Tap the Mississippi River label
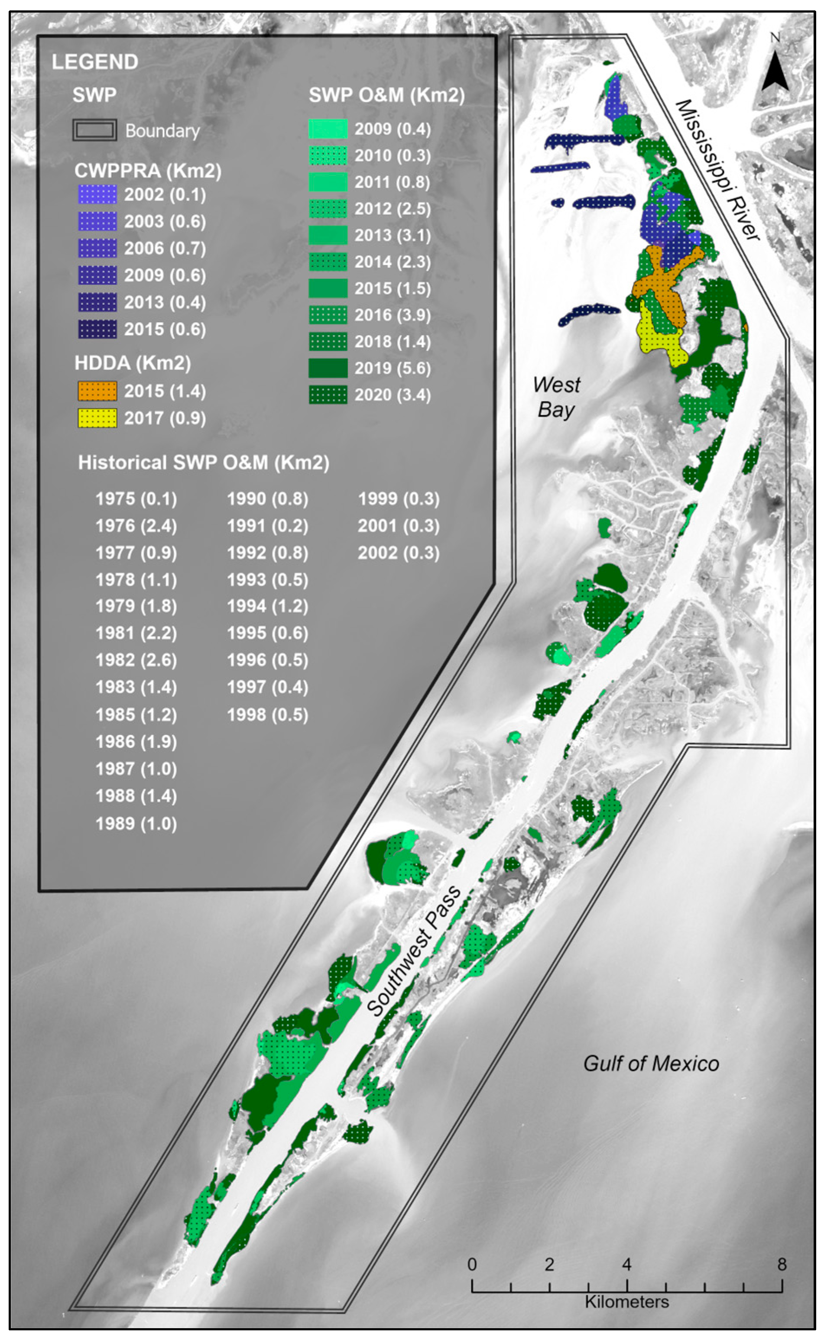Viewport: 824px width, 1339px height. coord(717,170)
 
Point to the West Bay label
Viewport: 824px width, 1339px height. coord(556,397)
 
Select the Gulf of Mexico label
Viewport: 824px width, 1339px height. coord(651,1063)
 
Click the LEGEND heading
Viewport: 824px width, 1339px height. coord(95,62)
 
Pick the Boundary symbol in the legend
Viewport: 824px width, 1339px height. coord(95,131)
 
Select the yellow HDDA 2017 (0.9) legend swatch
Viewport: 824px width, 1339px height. coord(97,418)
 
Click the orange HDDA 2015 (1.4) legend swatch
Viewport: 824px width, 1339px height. coord(97,391)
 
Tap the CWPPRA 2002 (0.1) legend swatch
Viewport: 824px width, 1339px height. coord(97,194)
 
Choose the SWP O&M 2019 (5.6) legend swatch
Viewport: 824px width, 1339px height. coord(328,368)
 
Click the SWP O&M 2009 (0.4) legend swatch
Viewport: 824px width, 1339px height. coord(328,129)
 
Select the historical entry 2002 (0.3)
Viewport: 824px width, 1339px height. coord(399,553)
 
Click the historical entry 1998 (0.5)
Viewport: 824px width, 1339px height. coord(268,714)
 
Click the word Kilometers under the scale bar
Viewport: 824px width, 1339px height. coord(627,1302)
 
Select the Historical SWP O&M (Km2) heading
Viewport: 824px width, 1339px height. coord(203,463)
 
